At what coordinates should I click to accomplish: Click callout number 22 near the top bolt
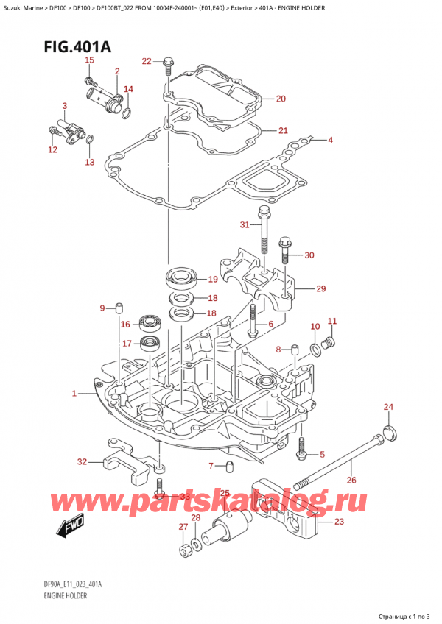pos(146,61)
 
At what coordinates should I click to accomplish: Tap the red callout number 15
pos(89,60)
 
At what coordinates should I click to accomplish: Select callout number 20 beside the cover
pos(281,98)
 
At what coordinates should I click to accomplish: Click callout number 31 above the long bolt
pos(245,224)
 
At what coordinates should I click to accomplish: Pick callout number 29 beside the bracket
pos(320,288)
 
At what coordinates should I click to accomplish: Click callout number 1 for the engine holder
pos(74,394)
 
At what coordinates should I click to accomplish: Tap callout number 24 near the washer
pos(388,407)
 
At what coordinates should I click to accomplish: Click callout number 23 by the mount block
pos(339,522)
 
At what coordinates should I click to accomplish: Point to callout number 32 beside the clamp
pos(82,462)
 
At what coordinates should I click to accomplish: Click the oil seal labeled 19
pos(180,280)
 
